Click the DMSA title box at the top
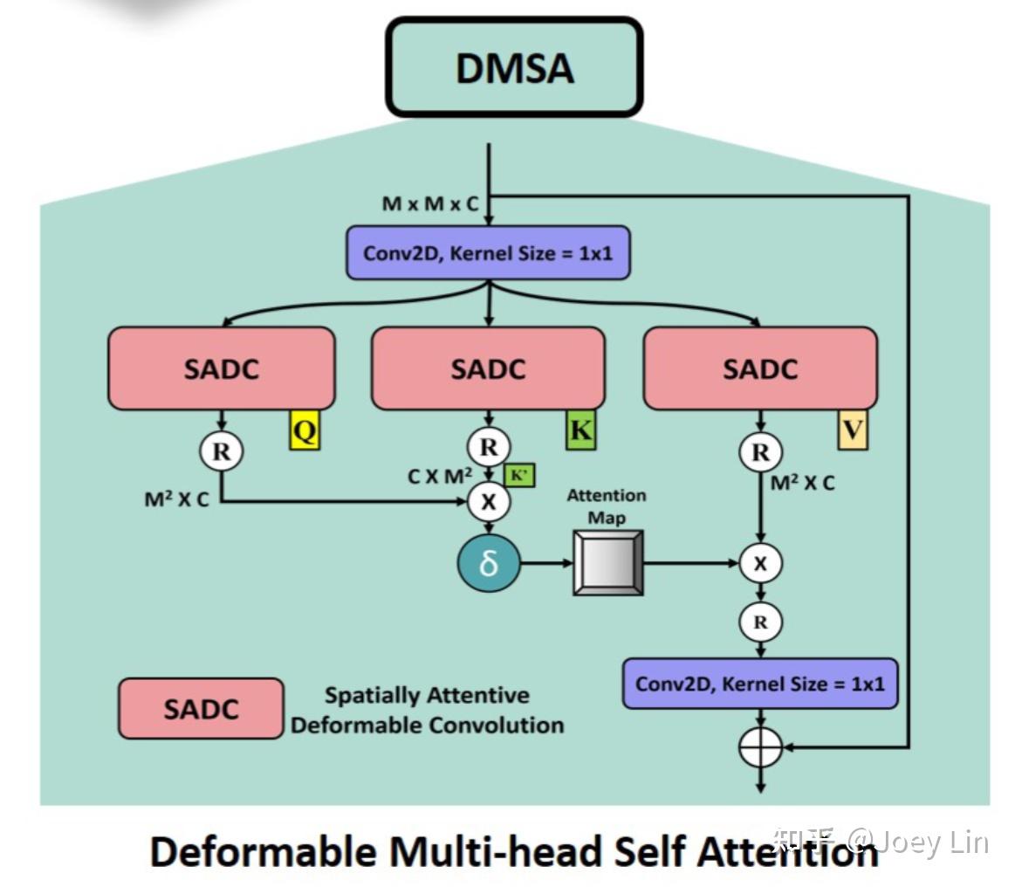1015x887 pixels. [x=514, y=67]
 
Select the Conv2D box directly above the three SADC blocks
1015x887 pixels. [x=488, y=253]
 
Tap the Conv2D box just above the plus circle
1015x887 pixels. [x=759, y=683]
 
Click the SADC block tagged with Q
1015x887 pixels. [x=221, y=368]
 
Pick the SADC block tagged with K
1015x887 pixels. [x=488, y=368]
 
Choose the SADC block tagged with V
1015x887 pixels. [x=759, y=368]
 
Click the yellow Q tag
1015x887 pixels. [x=305, y=430]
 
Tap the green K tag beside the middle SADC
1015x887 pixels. [x=580, y=430]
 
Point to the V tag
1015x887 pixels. [x=852, y=430]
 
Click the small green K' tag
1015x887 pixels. [x=518, y=475]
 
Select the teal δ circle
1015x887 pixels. [x=488, y=563]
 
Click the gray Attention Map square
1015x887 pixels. [x=607, y=564]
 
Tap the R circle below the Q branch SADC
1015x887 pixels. [x=221, y=451]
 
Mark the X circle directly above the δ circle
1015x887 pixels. [x=488, y=501]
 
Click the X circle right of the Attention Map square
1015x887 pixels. [x=760, y=564]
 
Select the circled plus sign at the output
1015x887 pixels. [x=760, y=747]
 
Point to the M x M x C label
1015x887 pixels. [x=430, y=204]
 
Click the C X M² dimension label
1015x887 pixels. [x=440, y=477]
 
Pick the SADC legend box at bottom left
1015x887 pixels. [x=201, y=708]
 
